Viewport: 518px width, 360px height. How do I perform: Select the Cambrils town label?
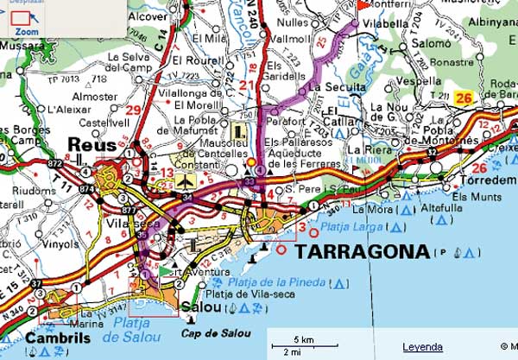pos(56,338)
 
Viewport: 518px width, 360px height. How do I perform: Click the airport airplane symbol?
pos(186,181)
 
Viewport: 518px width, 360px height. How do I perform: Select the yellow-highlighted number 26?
pos(464,98)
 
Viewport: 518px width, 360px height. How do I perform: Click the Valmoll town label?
pos(289,38)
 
